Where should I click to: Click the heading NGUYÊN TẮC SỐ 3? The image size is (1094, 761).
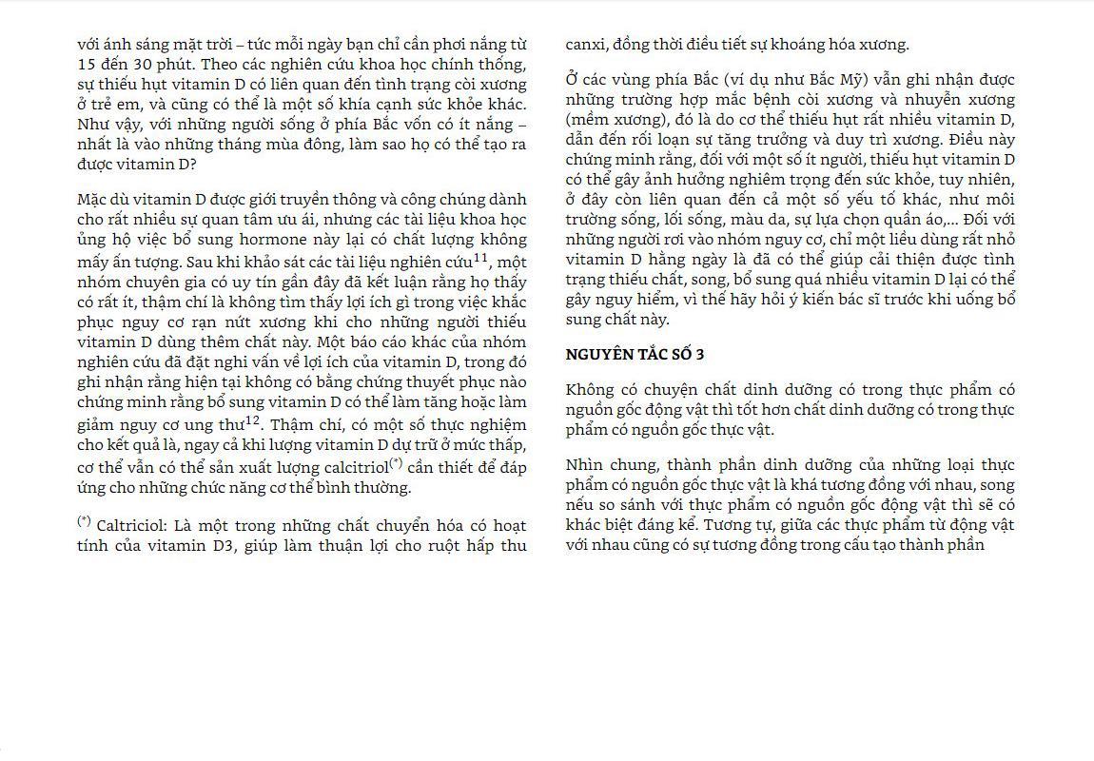pyautogui.click(x=635, y=355)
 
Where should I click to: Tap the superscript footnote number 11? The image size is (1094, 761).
pyautogui.click(x=480, y=257)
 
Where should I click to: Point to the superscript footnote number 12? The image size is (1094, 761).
pyautogui.click(x=253, y=420)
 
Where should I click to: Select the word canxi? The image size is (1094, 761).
pyautogui.click(x=585, y=44)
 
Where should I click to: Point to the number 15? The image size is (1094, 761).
pyautogui.click(x=87, y=64)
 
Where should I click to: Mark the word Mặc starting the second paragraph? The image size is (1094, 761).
pyautogui.click(x=95, y=200)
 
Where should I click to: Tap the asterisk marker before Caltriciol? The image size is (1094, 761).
pyautogui.click(x=84, y=521)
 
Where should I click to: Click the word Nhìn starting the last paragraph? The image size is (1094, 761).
pyautogui.click(x=585, y=464)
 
